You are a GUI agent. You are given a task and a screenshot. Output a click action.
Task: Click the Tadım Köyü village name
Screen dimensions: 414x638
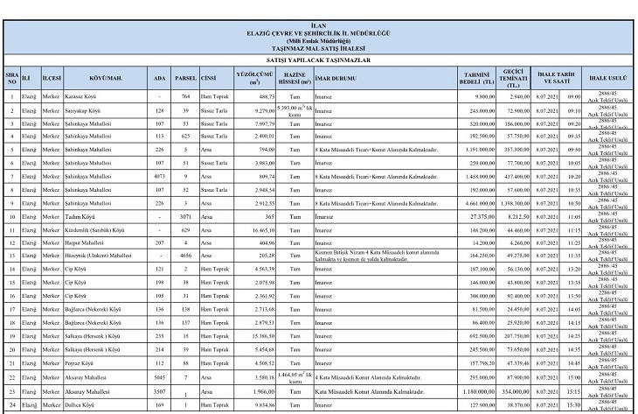[x=79, y=215]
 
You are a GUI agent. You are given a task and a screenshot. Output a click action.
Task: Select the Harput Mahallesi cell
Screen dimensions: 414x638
[x=84, y=242]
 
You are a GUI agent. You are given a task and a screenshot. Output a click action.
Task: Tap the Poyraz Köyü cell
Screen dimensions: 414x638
[x=80, y=362]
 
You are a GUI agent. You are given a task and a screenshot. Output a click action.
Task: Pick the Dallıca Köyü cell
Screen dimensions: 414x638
[x=80, y=405]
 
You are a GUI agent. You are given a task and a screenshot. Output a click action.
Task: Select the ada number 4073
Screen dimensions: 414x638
[x=159, y=176]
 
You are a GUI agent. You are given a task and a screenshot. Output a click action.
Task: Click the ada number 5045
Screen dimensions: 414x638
[x=159, y=376]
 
